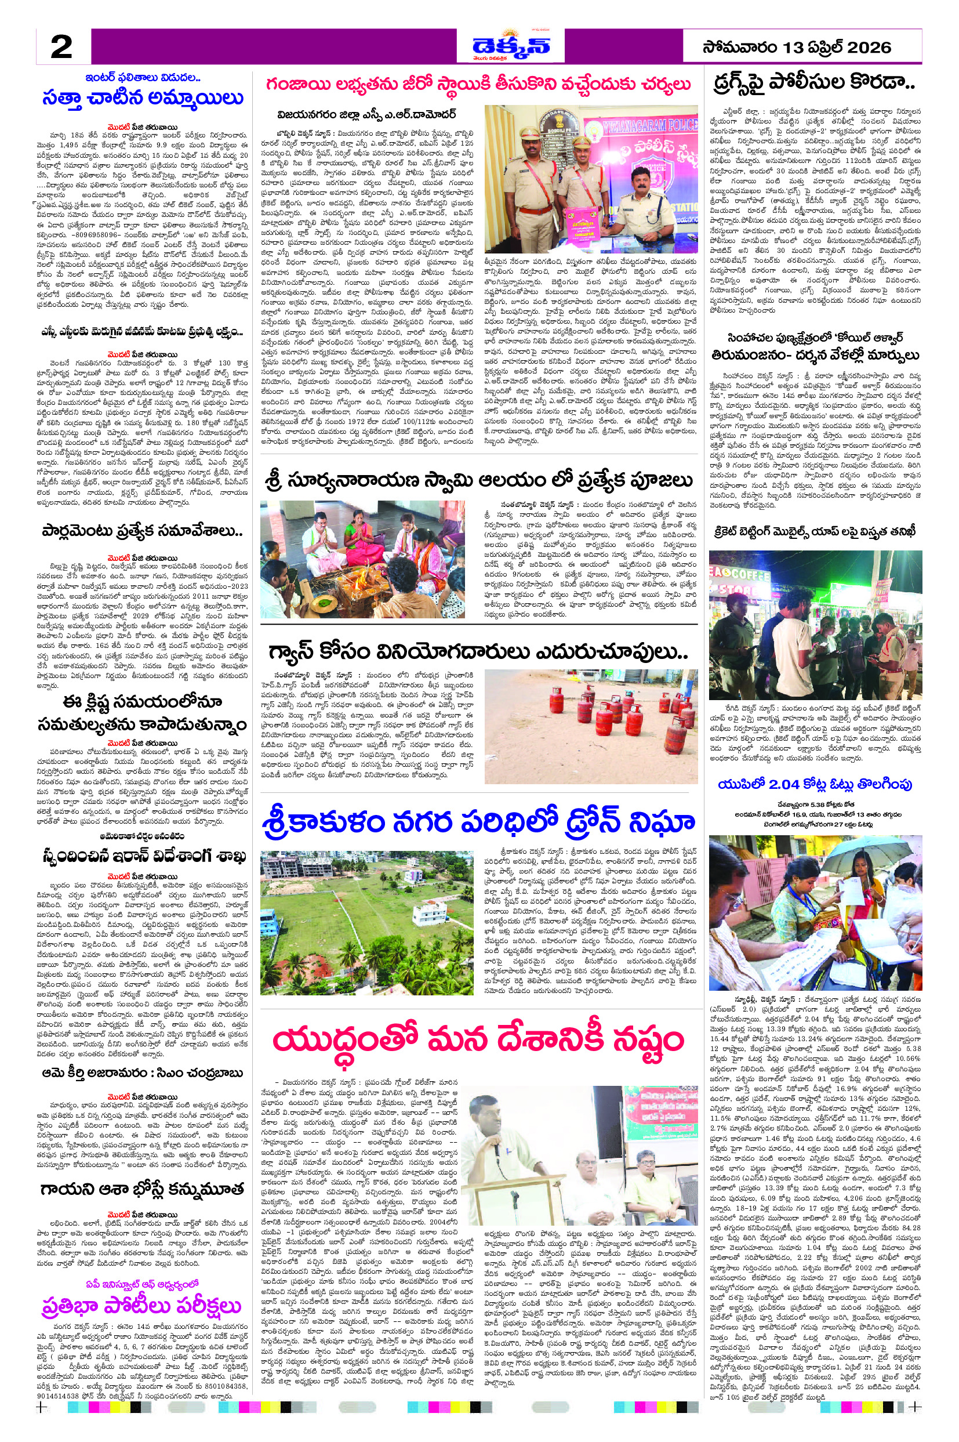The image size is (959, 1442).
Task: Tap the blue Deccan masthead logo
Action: pyautogui.click(x=511, y=46)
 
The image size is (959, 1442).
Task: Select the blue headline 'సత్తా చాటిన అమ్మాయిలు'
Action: pyautogui.click(x=143, y=99)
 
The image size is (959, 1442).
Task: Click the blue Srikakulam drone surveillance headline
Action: pyautogui.click(x=479, y=822)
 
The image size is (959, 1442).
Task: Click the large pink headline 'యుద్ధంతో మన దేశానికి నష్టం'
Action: pyautogui.click(x=478, y=1039)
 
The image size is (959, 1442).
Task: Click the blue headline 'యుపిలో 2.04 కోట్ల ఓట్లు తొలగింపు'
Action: pyautogui.click(x=815, y=784)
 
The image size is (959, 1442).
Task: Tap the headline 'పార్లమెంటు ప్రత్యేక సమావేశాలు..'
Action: pyautogui.click(x=143, y=530)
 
